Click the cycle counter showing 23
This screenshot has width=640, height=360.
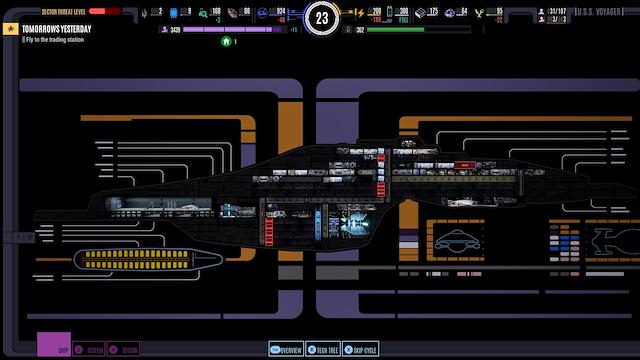tap(320, 17)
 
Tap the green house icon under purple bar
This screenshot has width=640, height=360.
tap(227, 41)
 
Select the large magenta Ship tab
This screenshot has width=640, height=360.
tap(53, 343)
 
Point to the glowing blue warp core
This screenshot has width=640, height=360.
tap(351, 225)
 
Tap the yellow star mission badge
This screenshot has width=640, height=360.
tap(11, 30)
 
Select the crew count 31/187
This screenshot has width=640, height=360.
tap(558, 12)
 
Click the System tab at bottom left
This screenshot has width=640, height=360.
tap(90, 350)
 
